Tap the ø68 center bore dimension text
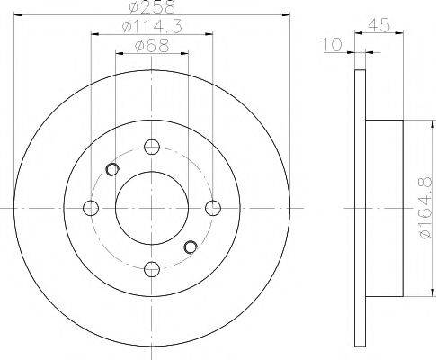point(151,47)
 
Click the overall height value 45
point(378,27)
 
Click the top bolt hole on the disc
point(151,148)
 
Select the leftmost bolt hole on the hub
point(90,209)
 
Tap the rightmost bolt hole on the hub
point(212,209)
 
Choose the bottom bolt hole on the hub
point(151,268)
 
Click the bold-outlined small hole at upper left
point(112,169)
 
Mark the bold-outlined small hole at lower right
point(190,247)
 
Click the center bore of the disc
point(151,208)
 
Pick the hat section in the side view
point(381,209)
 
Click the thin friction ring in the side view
point(360,208)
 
